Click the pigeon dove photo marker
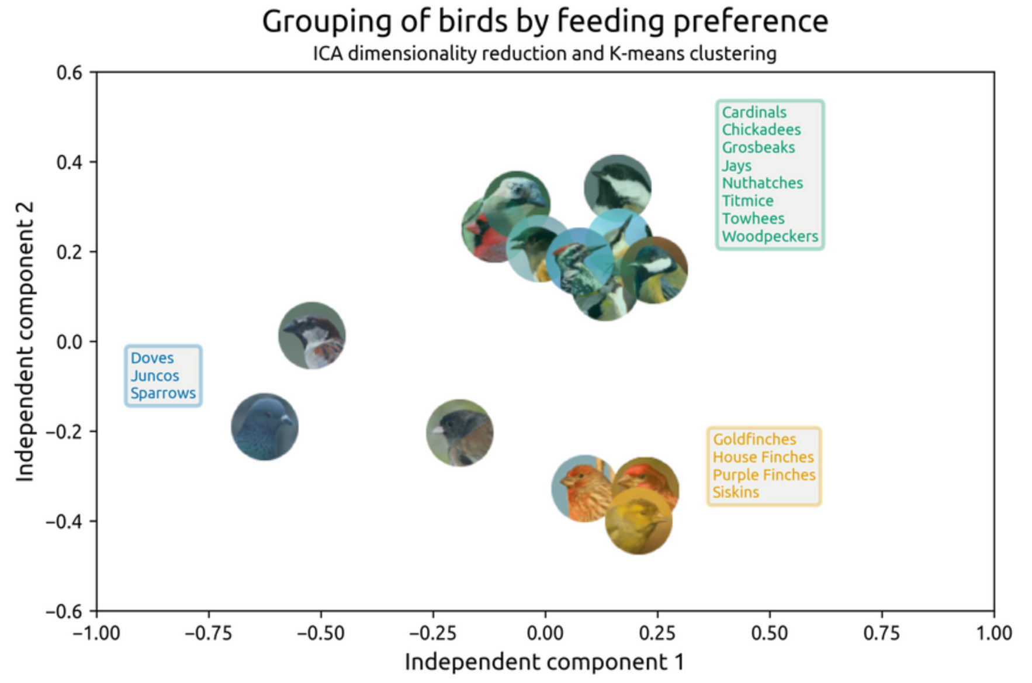point(265,427)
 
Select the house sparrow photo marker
point(312,336)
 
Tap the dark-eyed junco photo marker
point(460,433)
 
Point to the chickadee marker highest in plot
point(618,188)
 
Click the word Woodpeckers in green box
point(770,236)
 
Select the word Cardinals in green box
point(754,112)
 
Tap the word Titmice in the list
point(747,201)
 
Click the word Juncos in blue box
point(154,375)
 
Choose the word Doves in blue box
point(152,358)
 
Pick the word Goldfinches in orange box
point(754,439)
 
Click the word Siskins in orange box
point(736,492)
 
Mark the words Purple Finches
point(764,475)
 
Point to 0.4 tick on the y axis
point(70,162)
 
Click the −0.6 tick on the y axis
point(65,612)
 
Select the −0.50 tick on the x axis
point(321,633)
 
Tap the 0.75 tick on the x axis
point(881,633)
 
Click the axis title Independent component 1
point(544,662)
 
